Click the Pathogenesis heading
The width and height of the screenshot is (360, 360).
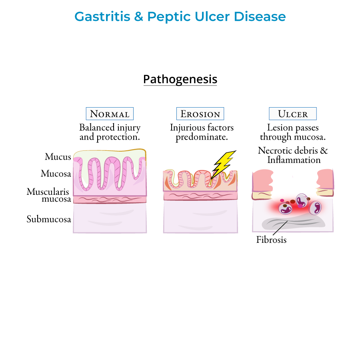(x=180, y=79)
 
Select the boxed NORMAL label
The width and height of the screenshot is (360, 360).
(x=110, y=114)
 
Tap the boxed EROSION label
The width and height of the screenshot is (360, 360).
(x=200, y=114)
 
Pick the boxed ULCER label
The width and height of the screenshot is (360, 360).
(x=293, y=114)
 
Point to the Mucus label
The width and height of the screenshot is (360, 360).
(x=58, y=157)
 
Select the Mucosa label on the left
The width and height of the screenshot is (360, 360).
(x=56, y=174)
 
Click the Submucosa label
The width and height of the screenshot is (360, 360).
(x=49, y=219)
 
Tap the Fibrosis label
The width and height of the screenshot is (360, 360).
(x=271, y=240)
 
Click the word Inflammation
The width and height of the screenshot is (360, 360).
(x=294, y=160)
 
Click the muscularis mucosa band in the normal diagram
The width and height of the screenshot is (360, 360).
(x=110, y=199)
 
